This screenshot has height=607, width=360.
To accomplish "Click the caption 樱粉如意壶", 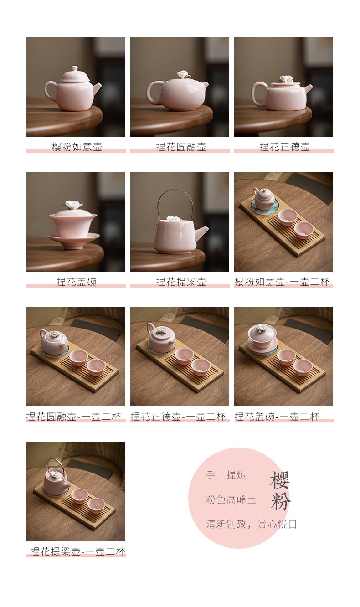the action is pyautogui.click(x=77, y=147).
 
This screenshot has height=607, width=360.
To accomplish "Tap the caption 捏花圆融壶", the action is pyautogui.click(x=181, y=147).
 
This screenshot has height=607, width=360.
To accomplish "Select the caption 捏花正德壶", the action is pyautogui.click(x=285, y=147).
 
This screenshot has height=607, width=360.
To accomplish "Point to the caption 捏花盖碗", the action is pyautogui.click(x=77, y=282).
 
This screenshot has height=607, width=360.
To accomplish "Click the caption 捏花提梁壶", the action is pyautogui.click(x=181, y=282).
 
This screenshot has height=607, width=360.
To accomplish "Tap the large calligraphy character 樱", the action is pyautogui.click(x=280, y=479).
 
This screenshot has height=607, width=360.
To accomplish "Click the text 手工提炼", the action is pyautogui.click(x=226, y=475).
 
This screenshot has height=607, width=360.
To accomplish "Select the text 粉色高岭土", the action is pyautogui.click(x=231, y=499).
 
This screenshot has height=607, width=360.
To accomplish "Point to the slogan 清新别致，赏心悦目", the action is pyautogui.click(x=252, y=524).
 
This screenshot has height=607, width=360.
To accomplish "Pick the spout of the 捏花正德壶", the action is pyautogui.click(x=308, y=89).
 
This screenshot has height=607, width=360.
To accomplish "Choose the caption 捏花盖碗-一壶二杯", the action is pyautogui.click(x=277, y=417).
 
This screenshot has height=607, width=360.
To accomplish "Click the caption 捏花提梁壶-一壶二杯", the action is pyautogui.click(x=78, y=551).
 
